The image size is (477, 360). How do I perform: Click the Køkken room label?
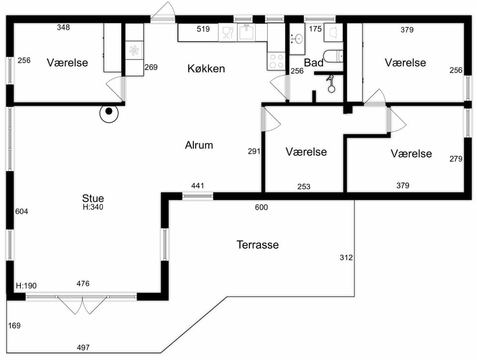tap(206, 69)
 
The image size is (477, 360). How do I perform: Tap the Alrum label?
tap(199, 145)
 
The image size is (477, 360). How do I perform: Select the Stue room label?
tap(93, 198)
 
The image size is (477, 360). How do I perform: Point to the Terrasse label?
tap(258, 245)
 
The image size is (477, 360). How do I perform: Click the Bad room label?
tap(314, 63)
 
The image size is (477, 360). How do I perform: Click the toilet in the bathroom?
tap(333, 57)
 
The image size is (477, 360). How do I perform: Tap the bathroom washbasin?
tap(297, 39)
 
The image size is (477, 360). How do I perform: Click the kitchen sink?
tap(246, 32)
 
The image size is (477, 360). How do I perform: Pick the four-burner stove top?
tap(277, 61)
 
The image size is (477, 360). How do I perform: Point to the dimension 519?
tap(203, 29)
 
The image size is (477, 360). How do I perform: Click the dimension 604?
tap(21, 211)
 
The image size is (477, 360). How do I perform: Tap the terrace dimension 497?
tap(83, 347)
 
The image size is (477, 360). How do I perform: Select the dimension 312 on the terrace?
tap(346, 258)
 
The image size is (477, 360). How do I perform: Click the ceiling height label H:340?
tap(93, 207)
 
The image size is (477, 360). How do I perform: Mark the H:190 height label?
tap(26, 286)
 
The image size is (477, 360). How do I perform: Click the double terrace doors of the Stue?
tap(82, 304)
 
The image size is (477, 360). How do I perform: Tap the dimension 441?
tap(198, 185)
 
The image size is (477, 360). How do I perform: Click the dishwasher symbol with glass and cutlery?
tap(228, 32)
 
